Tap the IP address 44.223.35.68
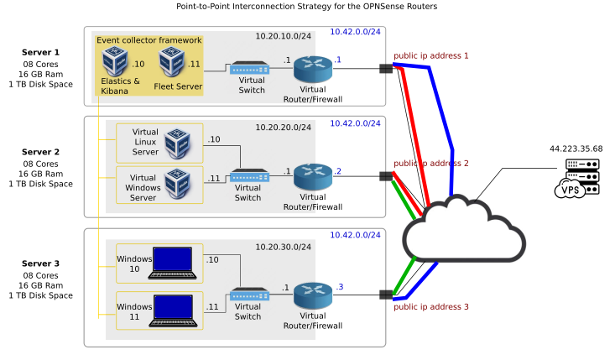coord(576,149)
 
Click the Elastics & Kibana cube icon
coord(115,61)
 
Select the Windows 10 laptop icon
coord(175,262)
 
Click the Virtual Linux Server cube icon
coord(178,143)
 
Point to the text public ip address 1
coord(431,55)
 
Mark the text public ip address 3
coord(431,306)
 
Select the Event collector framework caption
coord(149,39)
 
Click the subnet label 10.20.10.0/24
coord(284,36)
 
